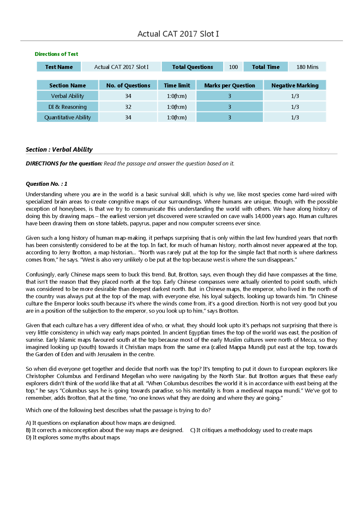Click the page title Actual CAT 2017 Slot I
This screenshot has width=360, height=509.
pyautogui.click(x=178, y=34)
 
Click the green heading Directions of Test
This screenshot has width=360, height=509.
pyautogui.click(x=56, y=54)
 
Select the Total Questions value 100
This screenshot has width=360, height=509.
pyautogui.click(x=233, y=67)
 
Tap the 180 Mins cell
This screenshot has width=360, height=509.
pyautogui.click(x=307, y=67)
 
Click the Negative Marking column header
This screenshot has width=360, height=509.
pyautogui.click(x=295, y=85)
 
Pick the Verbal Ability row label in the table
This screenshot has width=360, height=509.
pyautogui.click(x=67, y=96)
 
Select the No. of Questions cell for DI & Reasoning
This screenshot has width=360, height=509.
pyautogui.click(x=128, y=107)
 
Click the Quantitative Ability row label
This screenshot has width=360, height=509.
pyautogui.click(x=67, y=117)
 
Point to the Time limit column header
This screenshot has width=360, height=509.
pyautogui.click(x=177, y=85)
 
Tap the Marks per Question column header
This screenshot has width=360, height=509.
pyautogui.click(x=229, y=85)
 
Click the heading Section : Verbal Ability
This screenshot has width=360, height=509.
pyautogui.click(x=59, y=149)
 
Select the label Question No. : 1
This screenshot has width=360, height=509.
pyautogui.click(x=46, y=184)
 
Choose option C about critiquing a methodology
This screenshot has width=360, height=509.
pyautogui.click(x=251, y=430)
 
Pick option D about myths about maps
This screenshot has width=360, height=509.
pyautogui.click(x=73, y=438)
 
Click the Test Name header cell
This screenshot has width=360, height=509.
pyautogui.click(x=59, y=67)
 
